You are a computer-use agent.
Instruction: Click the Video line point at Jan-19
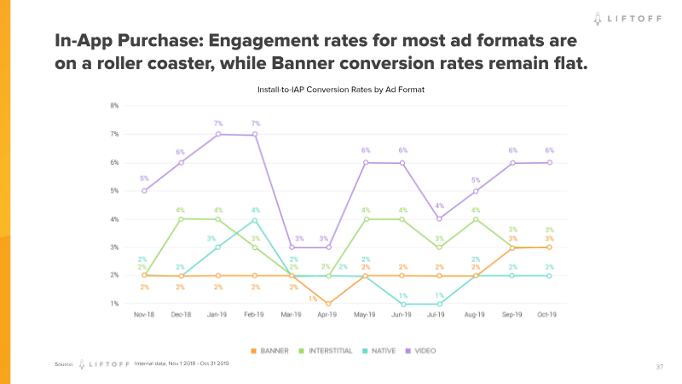tap(217, 134)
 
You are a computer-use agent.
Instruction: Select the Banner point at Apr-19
tap(327, 304)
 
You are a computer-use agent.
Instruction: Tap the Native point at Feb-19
tap(255, 219)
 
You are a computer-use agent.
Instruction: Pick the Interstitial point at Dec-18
tap(181, 219)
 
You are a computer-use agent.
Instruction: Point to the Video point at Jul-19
tap(439, 219)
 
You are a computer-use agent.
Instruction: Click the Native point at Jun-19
tap(402, 304)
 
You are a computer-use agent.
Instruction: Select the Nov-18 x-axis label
tap(143, 315)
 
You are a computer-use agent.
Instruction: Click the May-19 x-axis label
tap(365, 315)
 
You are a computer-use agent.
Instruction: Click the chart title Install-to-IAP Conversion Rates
tap(341, 89)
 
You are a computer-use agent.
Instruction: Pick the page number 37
tap(659, 367)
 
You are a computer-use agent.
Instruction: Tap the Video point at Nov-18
tap(143, 190)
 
